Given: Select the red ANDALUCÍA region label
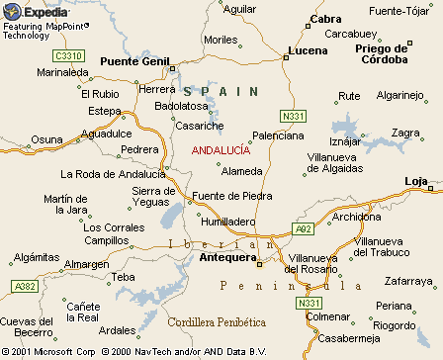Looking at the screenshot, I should (221, 149).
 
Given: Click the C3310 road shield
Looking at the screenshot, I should (69, 55).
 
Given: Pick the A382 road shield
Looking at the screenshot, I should (24, 286).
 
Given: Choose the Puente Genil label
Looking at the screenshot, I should (135, 60).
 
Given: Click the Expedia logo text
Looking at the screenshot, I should (42, 11).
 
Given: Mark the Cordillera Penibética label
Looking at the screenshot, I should (218, 322).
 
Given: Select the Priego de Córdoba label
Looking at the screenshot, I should (382, 53).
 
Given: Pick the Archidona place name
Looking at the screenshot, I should (357, 217).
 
